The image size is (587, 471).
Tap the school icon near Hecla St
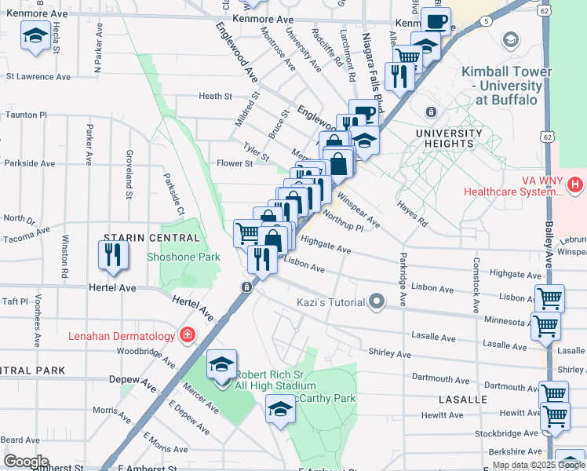[x=35, y=36]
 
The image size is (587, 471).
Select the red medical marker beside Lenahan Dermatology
[x=187, y=336]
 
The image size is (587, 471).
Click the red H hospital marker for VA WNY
[x=575, y=185]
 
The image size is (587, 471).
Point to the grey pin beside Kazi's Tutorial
[x=377, y=301]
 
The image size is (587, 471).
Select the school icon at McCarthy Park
[x=280, y=409]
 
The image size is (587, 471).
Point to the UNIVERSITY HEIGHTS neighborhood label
[x=449, y=138]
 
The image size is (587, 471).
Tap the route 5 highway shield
[x=487, y=20]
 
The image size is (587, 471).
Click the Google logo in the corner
[x=26, y=462]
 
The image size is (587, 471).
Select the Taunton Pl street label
[x=26, y=115]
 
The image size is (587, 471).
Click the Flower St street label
[x=235, y=164]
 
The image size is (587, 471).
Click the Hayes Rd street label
[x=413, y=214]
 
